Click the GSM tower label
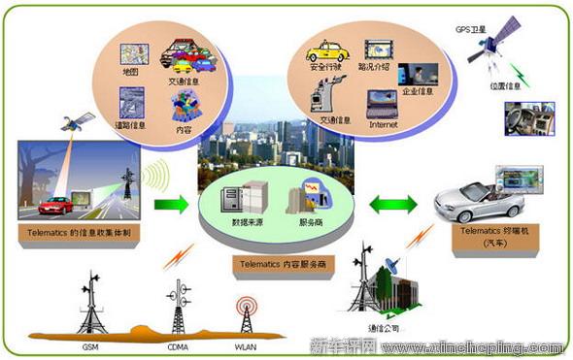89,344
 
